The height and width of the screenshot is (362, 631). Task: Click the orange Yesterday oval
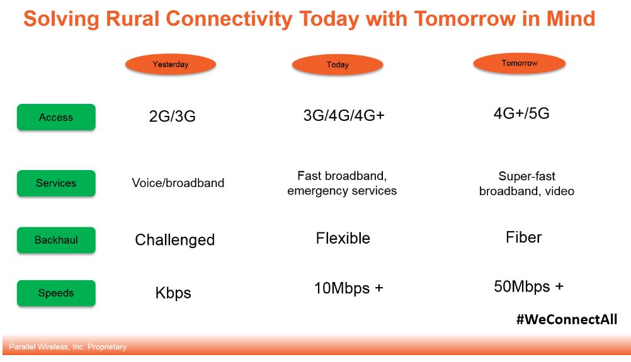(171, 64)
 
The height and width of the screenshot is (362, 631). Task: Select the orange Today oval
(338, 64)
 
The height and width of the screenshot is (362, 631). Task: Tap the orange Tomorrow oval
(519, 63)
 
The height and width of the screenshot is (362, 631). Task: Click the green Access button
(56, 117)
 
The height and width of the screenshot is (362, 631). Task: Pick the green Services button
(56, 183)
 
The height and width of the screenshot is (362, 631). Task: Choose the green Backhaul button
(56, 240)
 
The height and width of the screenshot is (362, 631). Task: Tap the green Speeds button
(56, 293)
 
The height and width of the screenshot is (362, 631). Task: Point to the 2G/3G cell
(173, 116)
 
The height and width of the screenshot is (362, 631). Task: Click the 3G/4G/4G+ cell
(344, 115)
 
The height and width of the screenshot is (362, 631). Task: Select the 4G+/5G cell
(521, 113)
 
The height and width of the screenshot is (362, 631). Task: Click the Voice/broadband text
(178, 183)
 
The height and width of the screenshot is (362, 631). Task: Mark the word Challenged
(174, 240)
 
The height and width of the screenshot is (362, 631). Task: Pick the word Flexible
(343, 238)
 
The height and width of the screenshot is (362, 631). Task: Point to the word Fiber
(523, 237)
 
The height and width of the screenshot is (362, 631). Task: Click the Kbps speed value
(173, 293)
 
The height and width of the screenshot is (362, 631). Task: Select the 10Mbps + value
(348, 288)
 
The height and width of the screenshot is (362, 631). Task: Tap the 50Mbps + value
(528, 287)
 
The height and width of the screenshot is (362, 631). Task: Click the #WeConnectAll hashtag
(567, 319)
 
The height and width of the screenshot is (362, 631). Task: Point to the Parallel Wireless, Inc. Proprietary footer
(67, 347)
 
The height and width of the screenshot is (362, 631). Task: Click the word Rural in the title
(132, 19)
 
